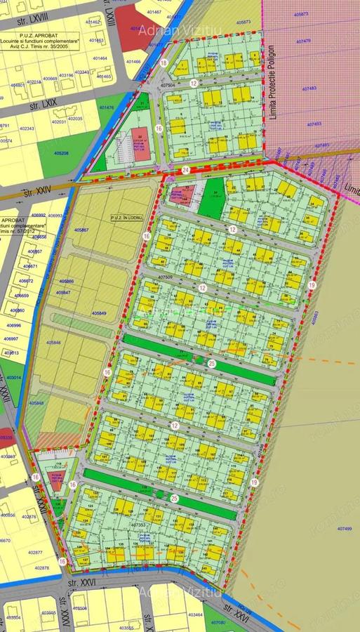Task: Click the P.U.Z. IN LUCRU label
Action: click(126, 218)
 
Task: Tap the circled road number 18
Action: click(164, 62)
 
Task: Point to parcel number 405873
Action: click(244, 22)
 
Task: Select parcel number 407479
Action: click(303, 41)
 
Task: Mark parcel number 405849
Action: click(98, 312)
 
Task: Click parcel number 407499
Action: click(344, 528)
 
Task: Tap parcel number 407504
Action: click(166, 85)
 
